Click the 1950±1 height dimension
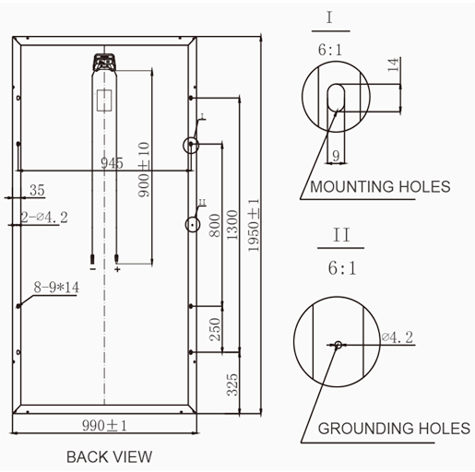pos(254,225)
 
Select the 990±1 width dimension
pos(104,426)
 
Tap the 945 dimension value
pos(112,163)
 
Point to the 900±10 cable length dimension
pos(144,170)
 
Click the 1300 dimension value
pos(232,225)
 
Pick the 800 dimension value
pos(215,226)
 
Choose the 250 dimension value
pos(215,329)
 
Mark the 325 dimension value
pos(232,384)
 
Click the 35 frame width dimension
pos(37,190)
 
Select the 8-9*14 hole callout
pos(56,288)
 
